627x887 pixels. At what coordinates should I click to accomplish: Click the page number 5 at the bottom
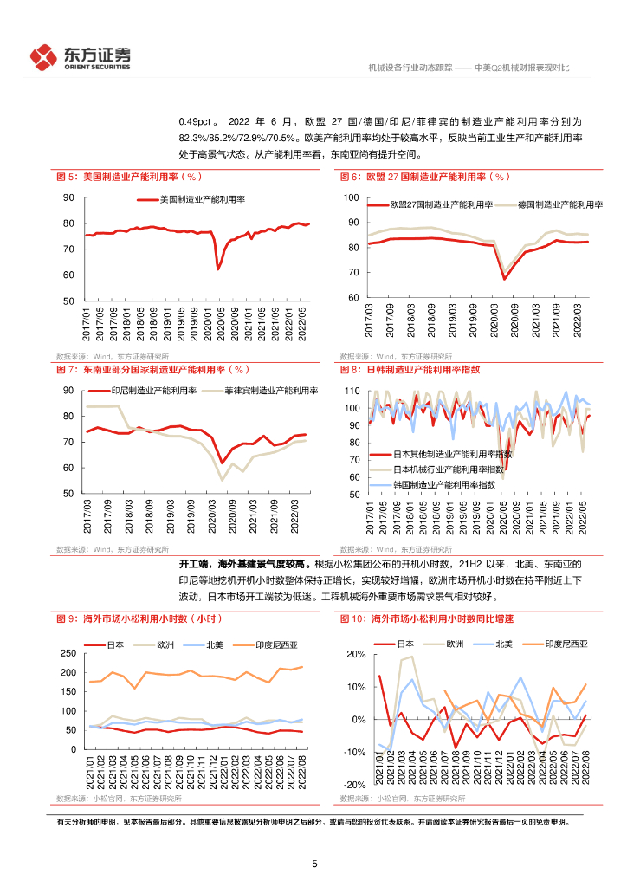pos(314,864)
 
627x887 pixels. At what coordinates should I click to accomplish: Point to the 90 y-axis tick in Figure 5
pos(68,198)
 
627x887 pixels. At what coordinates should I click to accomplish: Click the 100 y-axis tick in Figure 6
pos(351,198)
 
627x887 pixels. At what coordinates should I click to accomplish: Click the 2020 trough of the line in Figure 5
pos(218,269)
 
